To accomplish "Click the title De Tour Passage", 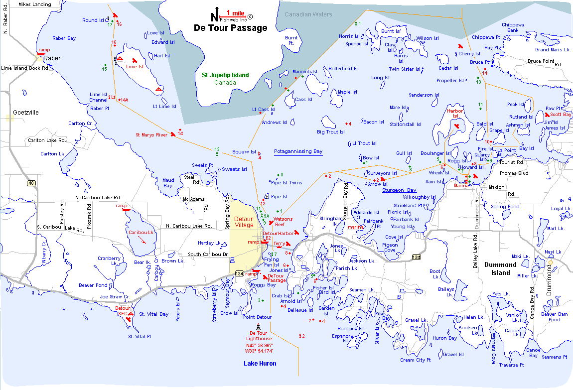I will [x=230, y=28].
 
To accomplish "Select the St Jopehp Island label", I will [x=225, y=75].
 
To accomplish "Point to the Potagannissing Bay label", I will [x=298, y=151].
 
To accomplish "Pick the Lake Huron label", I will [x=260, y=364].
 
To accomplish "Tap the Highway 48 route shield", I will [x=31, y=183].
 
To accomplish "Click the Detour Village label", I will [x=244, y=222].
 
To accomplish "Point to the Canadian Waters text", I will [x=308, y=14].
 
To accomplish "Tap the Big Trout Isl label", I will [x=331, y=132].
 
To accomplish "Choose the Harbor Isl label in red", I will [x=455, y=114].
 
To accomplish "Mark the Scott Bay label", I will [x=561, y=115].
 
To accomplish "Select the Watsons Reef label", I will [x=283, y=222].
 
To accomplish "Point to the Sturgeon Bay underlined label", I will [x=399, y=190].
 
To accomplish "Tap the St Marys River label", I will [x=151, y=134].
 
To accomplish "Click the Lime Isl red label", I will [x=135, y=66].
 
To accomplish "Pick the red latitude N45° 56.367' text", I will [x=259, y=345].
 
